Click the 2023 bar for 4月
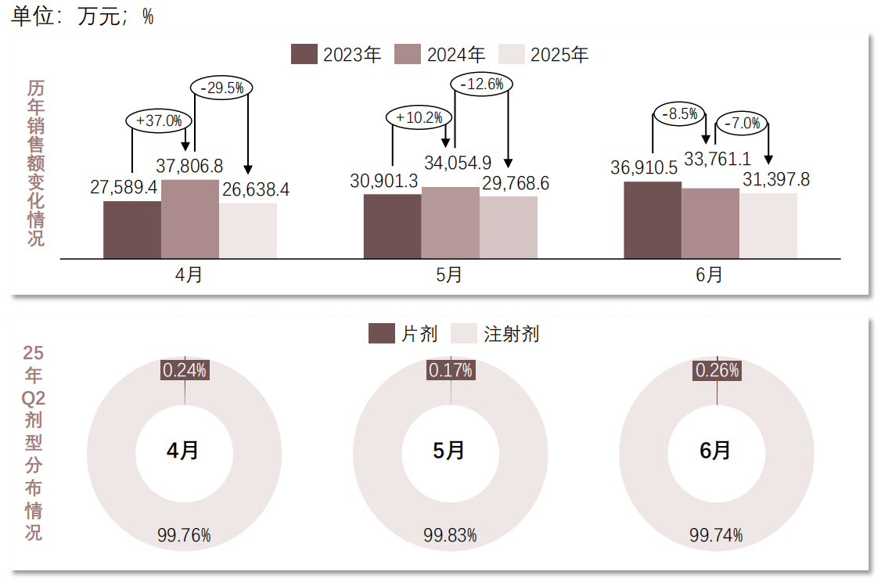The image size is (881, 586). click(x=132, y=229)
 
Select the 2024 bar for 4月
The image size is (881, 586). click(x=190, y=219)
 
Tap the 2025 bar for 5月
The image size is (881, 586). click(x=509, y=227)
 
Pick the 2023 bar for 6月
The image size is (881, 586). click(x=653, y=220)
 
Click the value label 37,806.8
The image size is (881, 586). click(x=189, y=167)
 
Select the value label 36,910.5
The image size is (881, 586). click(x=644, y=168)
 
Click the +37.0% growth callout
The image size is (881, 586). click(x=159, y=120)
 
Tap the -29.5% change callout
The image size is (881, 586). click(x=221, y=88)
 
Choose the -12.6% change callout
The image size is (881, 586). click(x=481, y=84)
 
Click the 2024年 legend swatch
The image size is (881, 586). click(x=408, y=54)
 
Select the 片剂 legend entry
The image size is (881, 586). click(x=403, y=334)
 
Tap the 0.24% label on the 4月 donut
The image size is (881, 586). click(x=185, y=370)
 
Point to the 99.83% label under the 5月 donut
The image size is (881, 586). click(x=450, y=536)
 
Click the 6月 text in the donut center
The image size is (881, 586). click(x=716, y=451)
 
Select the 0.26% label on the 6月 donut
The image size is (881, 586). click(x=717, y=370)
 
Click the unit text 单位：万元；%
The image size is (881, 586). click(x=82, y=17)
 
